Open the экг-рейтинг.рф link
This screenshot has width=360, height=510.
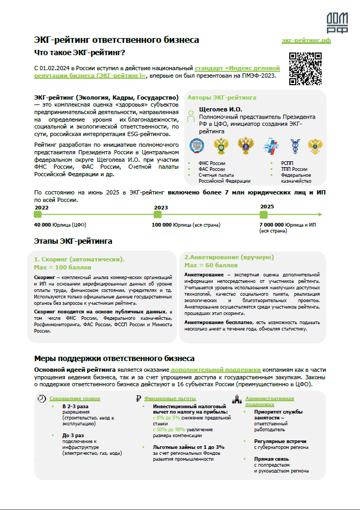click(x=306, y=41)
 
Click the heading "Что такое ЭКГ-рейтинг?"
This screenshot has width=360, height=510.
click(x=80, y=52)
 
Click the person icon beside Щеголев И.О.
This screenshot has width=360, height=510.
click(x=192, y=115)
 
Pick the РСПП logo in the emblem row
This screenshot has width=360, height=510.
click(x=271, y=145)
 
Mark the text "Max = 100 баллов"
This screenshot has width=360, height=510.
click(x=63, y=267)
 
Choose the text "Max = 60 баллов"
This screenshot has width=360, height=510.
click(x=211, y=265)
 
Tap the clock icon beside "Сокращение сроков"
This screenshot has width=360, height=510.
click(x=41, y=399)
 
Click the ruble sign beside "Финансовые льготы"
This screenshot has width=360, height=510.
click(x=138, y=399)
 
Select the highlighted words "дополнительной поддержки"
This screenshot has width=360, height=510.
click(x=216, y=370)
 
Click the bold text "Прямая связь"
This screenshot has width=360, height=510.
click(x=272, y=459)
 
